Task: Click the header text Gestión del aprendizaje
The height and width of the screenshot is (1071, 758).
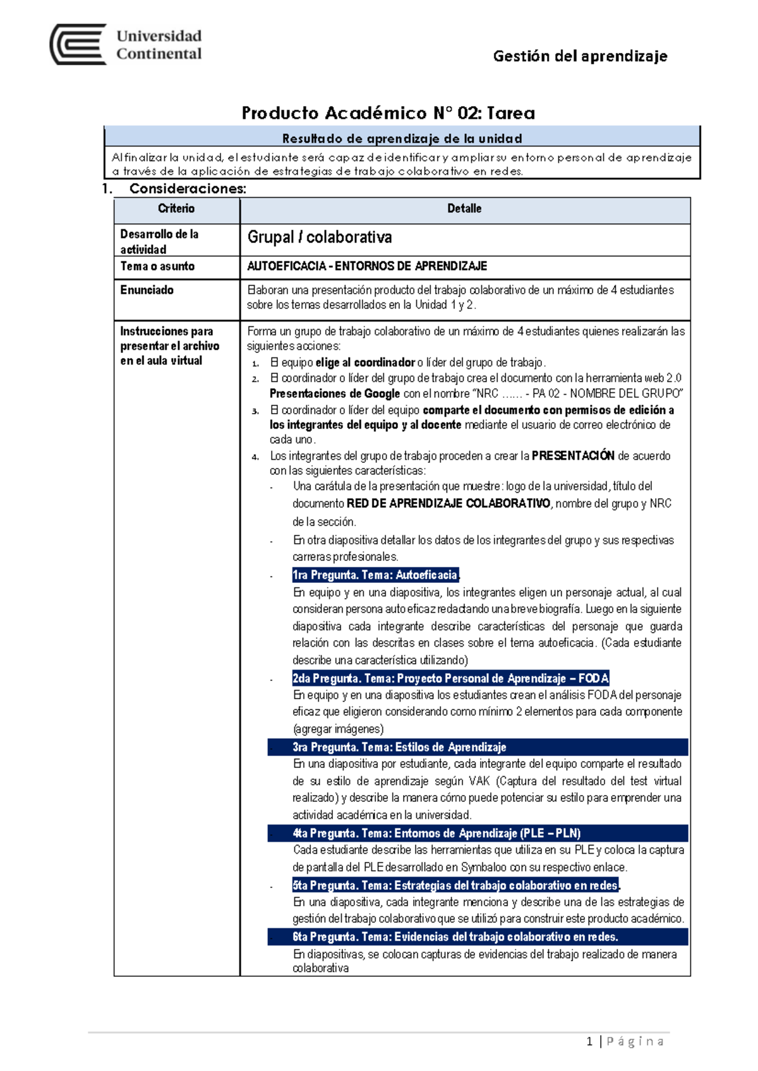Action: point(579,56)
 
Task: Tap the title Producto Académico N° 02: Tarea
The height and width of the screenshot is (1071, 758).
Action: point(388,113)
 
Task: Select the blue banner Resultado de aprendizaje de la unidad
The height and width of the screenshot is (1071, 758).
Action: point(402,138)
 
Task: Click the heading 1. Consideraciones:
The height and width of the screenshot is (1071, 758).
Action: point(175,188)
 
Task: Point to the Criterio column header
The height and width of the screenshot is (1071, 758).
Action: point(176,208)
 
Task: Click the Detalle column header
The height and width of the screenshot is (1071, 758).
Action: point(464,208)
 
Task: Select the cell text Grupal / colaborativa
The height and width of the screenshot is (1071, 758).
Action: point(320,237)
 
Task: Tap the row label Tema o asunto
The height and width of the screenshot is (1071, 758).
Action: point(157,266)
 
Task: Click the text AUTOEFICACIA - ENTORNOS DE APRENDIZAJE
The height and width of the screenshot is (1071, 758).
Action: point(367,266)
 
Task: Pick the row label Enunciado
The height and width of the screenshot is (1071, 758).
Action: point(147,290)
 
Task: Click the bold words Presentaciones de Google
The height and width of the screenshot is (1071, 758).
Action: point(335,393)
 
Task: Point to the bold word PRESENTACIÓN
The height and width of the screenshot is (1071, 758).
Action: point(573,455)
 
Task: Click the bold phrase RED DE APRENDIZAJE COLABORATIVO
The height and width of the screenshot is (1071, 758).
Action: point(448,503)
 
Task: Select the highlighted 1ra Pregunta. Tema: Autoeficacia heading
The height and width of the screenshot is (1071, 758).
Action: point(375,575)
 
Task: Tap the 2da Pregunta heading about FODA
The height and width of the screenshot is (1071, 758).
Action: point(450,678)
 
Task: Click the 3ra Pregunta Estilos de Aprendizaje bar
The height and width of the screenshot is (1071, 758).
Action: point(478,747)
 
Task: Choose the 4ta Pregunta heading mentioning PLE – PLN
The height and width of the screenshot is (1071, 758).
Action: point(478,833)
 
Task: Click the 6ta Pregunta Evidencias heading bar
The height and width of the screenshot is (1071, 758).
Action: point(478,936)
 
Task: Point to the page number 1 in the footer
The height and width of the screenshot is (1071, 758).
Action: point(589,1041)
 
